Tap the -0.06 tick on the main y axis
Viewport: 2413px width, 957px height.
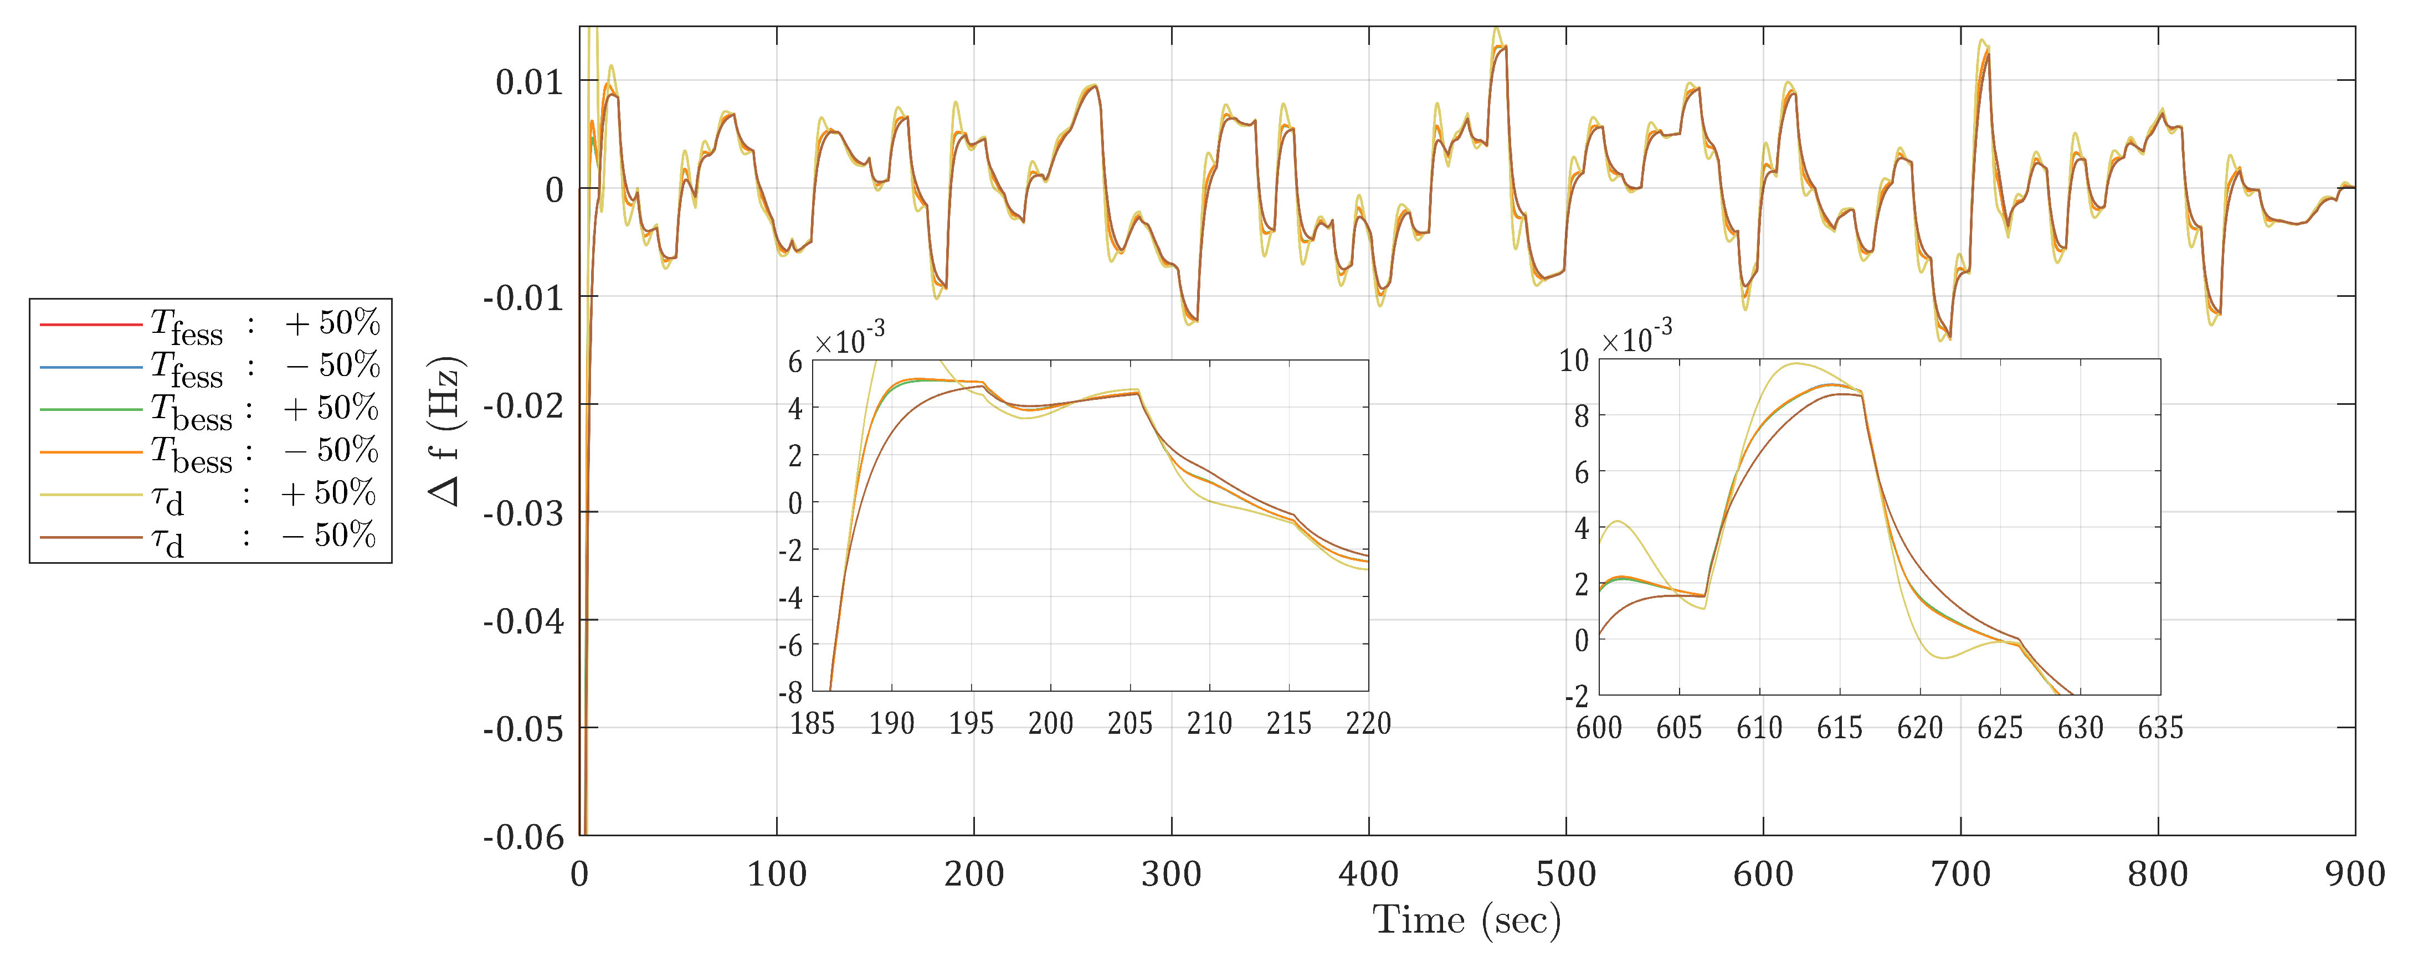[523, 836]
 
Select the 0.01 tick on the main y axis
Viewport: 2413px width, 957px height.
[529, 83]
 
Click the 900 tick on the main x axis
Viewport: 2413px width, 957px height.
[2354, 874]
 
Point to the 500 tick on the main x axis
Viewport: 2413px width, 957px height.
[1565, 874]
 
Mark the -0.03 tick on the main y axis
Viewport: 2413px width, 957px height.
[523, 513]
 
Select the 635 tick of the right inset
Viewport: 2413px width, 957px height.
[2160, 728]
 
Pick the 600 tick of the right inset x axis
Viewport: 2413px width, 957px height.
[1599, 728]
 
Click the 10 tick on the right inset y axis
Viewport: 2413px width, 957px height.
[1574, 361]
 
